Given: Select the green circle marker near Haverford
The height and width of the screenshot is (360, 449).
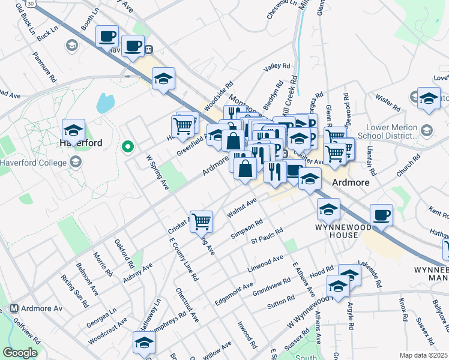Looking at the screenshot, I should [127, 145].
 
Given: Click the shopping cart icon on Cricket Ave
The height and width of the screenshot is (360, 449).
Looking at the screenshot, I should [202, 221].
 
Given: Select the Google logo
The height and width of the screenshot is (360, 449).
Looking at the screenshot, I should [20, 353].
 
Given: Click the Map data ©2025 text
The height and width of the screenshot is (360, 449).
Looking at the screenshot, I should [423, 355].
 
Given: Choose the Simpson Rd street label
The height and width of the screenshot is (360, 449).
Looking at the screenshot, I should [247, 229].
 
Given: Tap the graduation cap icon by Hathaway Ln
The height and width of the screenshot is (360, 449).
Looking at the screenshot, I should [144, 343].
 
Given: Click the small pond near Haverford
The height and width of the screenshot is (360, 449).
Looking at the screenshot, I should [105, 103].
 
